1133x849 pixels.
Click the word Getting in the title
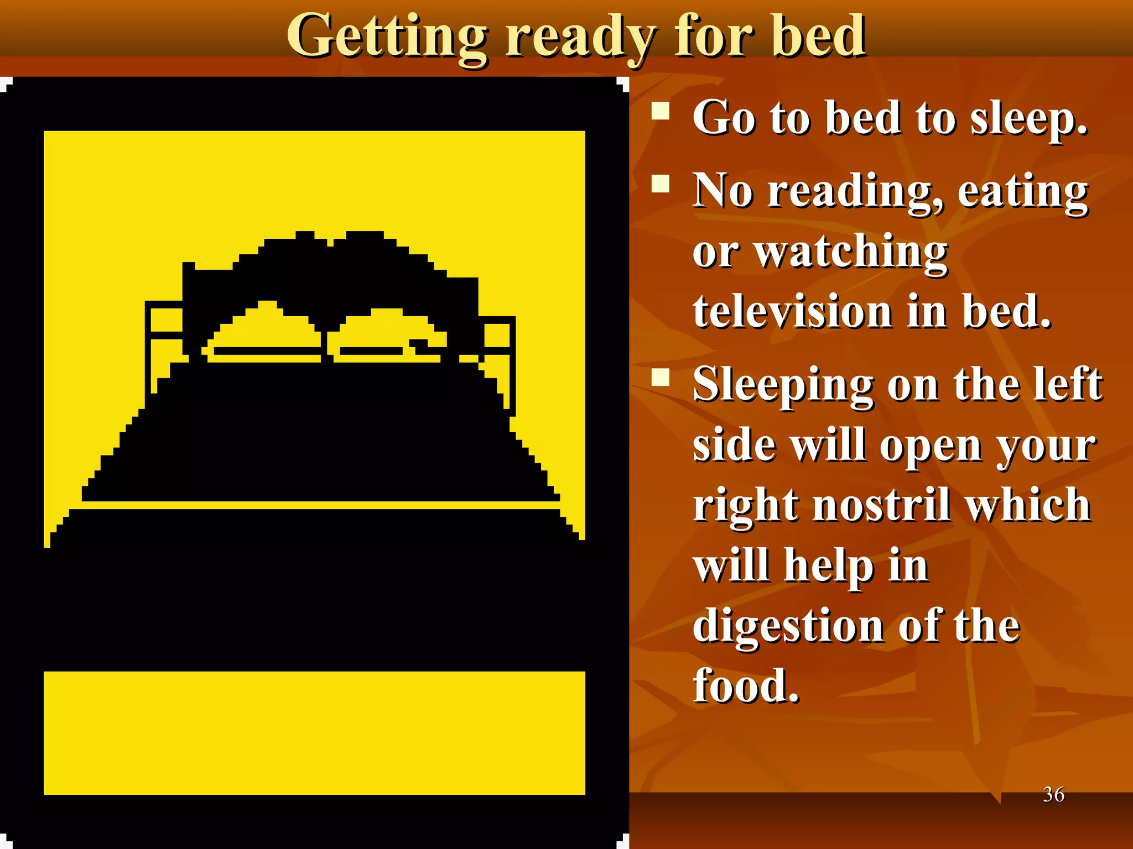[x=387, y=38]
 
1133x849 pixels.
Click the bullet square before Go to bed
[x=661, y=111]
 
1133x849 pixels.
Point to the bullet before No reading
[x=661, y=183]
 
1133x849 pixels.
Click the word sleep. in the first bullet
[x=1029, y=119]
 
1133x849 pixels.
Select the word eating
[x=1023, y=191]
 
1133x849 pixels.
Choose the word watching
[x=852, y=252]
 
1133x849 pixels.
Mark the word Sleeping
[x=783, y=385]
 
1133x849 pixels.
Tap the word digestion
[x=788, y=627]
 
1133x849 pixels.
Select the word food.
[x=746, y=686]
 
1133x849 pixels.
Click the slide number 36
[x=1053, y=794]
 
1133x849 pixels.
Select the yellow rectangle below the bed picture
[x=314, y=733]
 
